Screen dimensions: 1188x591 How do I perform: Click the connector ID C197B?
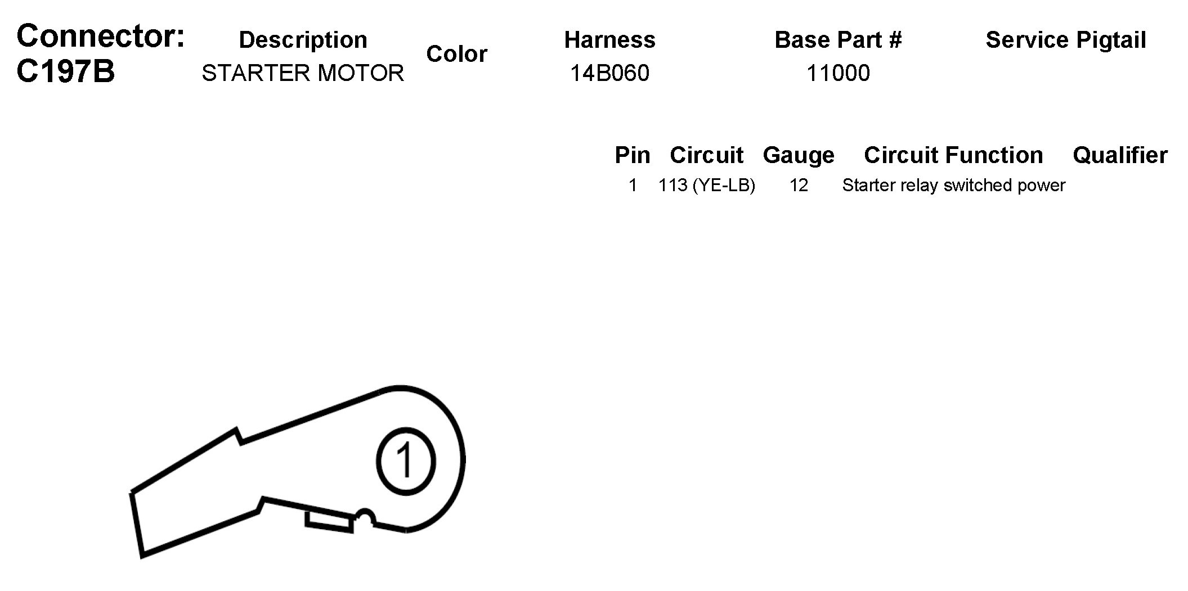(x=66, y=71)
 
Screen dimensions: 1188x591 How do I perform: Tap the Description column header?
(x=303, y=40)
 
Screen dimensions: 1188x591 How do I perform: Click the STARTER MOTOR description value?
(x=303, y=73)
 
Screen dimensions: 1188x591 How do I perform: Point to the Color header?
(x=456, y=54)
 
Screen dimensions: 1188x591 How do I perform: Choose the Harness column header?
(x=609, y=40)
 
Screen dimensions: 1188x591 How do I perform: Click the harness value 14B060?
(x=609, y=73)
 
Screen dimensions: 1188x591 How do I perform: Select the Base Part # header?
(x=838, y=40)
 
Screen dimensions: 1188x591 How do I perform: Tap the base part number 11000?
(x=838, y=73)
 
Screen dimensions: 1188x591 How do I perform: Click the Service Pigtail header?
(x=1066, y=40)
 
